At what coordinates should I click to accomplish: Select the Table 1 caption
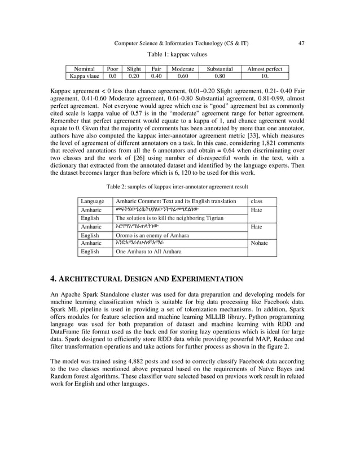click(177, 55)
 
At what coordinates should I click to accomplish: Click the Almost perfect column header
click(265, 69)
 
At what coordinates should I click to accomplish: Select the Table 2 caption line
click(177, 186)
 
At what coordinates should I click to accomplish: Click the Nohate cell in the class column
click(260, 243)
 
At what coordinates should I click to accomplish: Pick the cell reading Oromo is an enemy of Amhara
click(152, 235)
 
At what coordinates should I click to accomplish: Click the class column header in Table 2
click(256, 201)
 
